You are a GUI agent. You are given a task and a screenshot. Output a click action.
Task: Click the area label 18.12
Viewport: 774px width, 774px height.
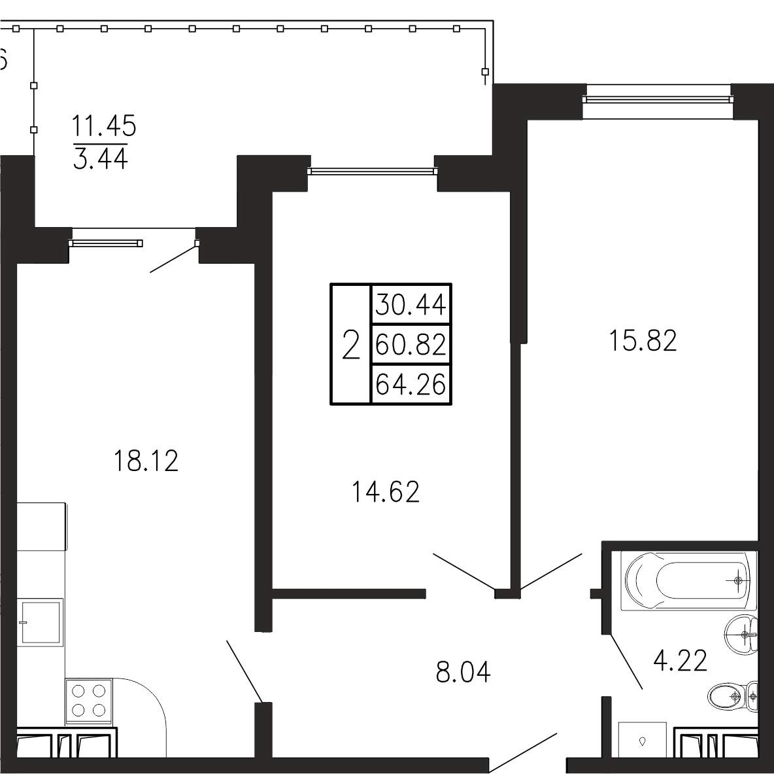146,461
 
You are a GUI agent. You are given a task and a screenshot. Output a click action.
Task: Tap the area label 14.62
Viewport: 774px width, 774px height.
386,492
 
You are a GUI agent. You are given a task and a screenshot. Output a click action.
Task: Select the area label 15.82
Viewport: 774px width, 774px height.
643,341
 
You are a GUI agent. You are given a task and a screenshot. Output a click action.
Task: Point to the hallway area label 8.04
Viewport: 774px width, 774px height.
463,672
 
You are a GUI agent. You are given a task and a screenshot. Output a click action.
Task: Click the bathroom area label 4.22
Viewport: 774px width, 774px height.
681,660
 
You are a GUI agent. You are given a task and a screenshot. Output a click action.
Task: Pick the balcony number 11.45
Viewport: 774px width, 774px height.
104,126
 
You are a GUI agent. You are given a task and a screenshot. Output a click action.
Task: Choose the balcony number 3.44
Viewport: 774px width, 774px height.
100,158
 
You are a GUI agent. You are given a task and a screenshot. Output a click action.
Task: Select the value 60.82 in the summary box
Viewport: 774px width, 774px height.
411,344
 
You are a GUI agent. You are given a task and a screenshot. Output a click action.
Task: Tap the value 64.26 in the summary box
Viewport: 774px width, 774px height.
411,384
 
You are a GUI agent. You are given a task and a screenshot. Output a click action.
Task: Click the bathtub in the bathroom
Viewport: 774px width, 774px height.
688,581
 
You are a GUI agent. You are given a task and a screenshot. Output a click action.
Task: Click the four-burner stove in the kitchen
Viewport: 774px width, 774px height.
89,701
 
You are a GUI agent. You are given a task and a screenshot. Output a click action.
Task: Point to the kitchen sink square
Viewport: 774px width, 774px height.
41,622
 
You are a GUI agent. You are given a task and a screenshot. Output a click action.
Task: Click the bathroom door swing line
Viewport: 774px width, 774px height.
626,661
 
